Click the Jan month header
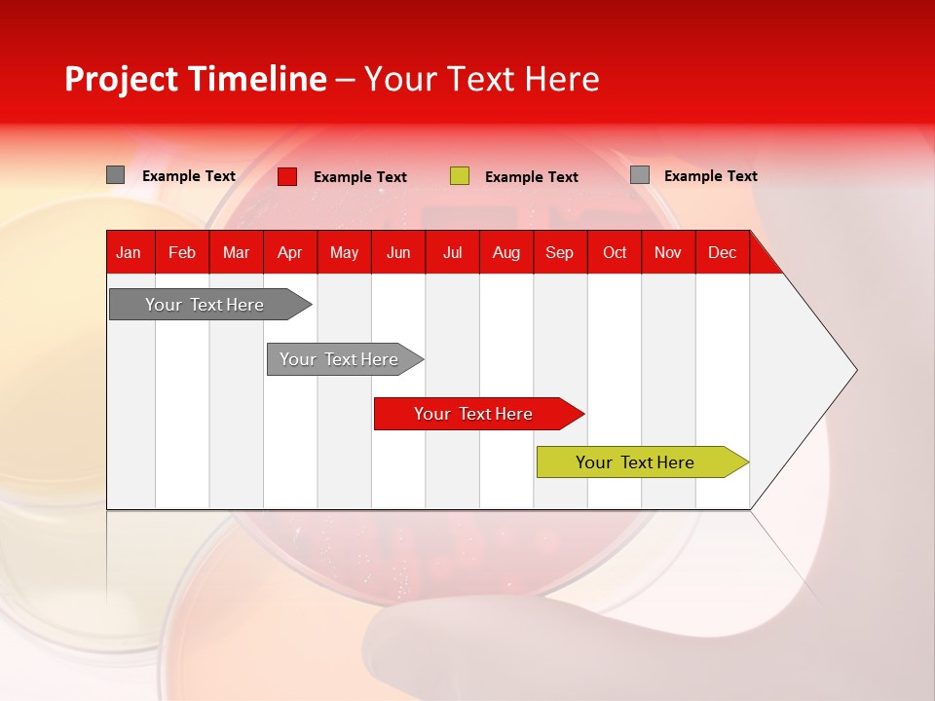point(129,252)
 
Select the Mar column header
point(236,252)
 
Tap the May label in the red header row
point(344,252)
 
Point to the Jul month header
point(452,252)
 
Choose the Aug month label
point(506,252)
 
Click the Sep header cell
point(560,252)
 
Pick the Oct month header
point(615,252)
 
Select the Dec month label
point(723,252)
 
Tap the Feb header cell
point(182,252)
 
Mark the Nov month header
point(668,252)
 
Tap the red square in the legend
point(287,176)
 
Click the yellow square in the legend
point(460,176)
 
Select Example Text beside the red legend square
point(360,177)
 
